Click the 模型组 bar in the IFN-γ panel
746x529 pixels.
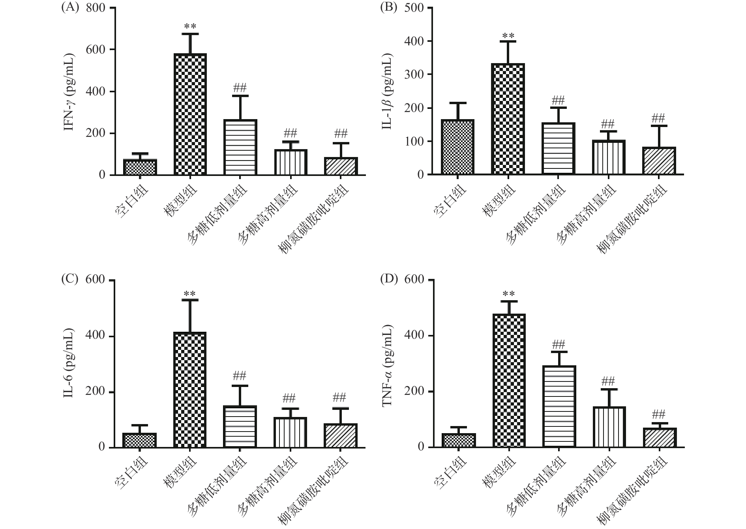coord(190,114)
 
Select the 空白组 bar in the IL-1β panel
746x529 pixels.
coord(457,147)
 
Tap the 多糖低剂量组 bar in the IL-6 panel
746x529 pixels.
coord(240,426)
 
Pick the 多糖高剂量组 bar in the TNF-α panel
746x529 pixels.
coord(609,427)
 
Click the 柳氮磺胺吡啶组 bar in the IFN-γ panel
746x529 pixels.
coord(341,166)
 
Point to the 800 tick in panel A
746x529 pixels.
coord(96,8)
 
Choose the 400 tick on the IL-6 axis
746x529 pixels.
coord(96,336)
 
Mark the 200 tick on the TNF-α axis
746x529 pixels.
coord(414,392)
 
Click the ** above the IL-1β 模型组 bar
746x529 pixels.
coord(508,36)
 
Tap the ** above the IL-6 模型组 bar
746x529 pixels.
coord(190,294)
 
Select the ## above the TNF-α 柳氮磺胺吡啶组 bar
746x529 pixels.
coord(659,414)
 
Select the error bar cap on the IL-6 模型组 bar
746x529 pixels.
coord(190,300)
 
